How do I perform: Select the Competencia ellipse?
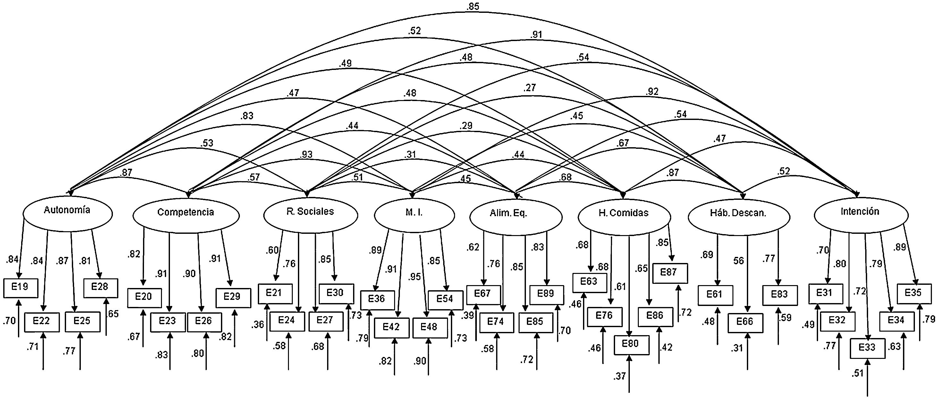point(186,216)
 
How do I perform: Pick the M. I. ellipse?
point(414,216)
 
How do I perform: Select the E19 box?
point(21,288)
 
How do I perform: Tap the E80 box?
point(631,344)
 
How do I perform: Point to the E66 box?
point(745,323)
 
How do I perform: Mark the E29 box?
point(233,298)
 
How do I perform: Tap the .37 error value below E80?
point(619,376)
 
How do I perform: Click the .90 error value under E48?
point(419,361)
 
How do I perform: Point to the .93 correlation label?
point(306,154)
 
